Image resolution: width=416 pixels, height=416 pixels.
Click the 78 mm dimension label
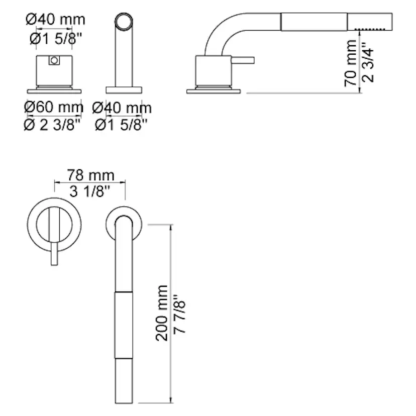coord(90,175)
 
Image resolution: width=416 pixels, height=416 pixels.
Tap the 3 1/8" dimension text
coord(89,191)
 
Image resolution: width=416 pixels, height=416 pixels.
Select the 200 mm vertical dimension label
coord(162,313)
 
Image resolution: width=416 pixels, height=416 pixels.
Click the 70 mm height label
coord(351,63)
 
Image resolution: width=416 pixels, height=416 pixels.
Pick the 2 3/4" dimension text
coord(368,62)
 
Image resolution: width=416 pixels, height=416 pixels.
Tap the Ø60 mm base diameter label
coord(54,107)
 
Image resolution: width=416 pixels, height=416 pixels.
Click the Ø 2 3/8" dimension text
coord(52,125)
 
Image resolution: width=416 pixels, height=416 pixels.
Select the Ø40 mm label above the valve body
coord(55,20)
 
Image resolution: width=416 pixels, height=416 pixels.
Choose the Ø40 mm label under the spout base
coord(122,108)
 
